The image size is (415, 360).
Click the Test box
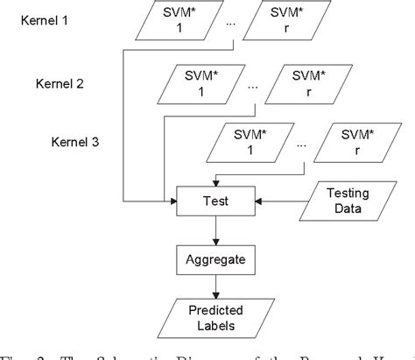click(x=215, y=201)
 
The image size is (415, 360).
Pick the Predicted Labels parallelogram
click(x=215, y=316)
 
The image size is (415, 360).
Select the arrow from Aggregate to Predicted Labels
click(x=215, y=286)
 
